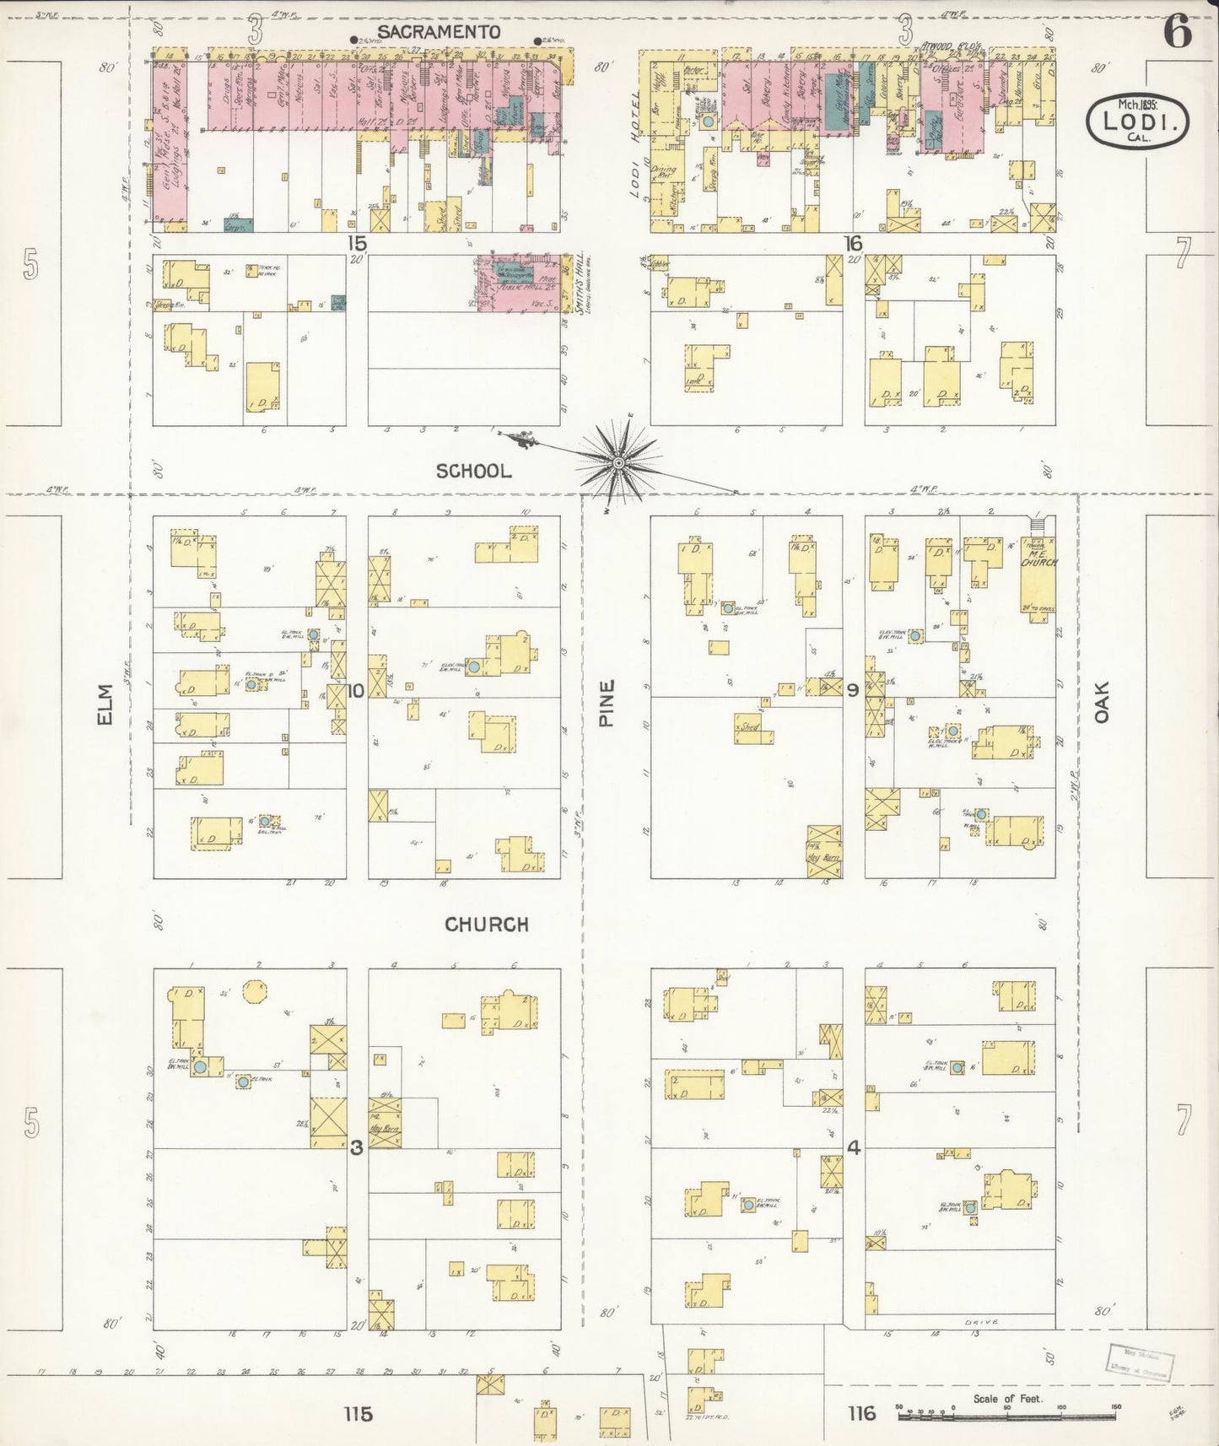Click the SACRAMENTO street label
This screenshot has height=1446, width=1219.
coord(439,32)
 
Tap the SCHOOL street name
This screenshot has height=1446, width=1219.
coord(473,472)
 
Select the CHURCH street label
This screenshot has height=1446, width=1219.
coord(487,925)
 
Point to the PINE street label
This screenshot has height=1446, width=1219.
coord(607,704)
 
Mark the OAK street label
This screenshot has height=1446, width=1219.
coord(1101,702)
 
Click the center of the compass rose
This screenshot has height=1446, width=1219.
coord(619,463)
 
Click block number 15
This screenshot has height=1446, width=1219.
coord(357,244)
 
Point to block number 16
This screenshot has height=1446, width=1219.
coord(853,244)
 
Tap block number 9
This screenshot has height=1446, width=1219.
coord(853,691)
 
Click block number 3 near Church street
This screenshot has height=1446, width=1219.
coord(357,1147)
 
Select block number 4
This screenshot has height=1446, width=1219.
coord(853,1147)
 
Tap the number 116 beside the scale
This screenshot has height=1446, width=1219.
coord(861,1413)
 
